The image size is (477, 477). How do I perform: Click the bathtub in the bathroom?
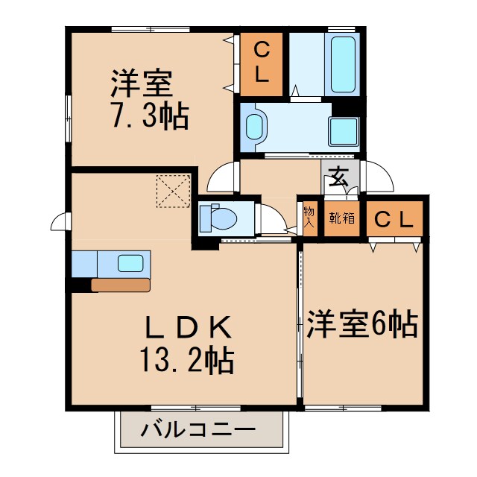[344, 63]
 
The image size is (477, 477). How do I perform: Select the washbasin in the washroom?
[255, 127]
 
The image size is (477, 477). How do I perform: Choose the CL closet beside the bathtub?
[261, 64]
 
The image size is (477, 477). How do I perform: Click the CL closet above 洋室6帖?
[393, 218]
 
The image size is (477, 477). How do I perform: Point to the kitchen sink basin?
[131, 263]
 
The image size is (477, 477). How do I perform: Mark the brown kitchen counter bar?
[120, 285]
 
